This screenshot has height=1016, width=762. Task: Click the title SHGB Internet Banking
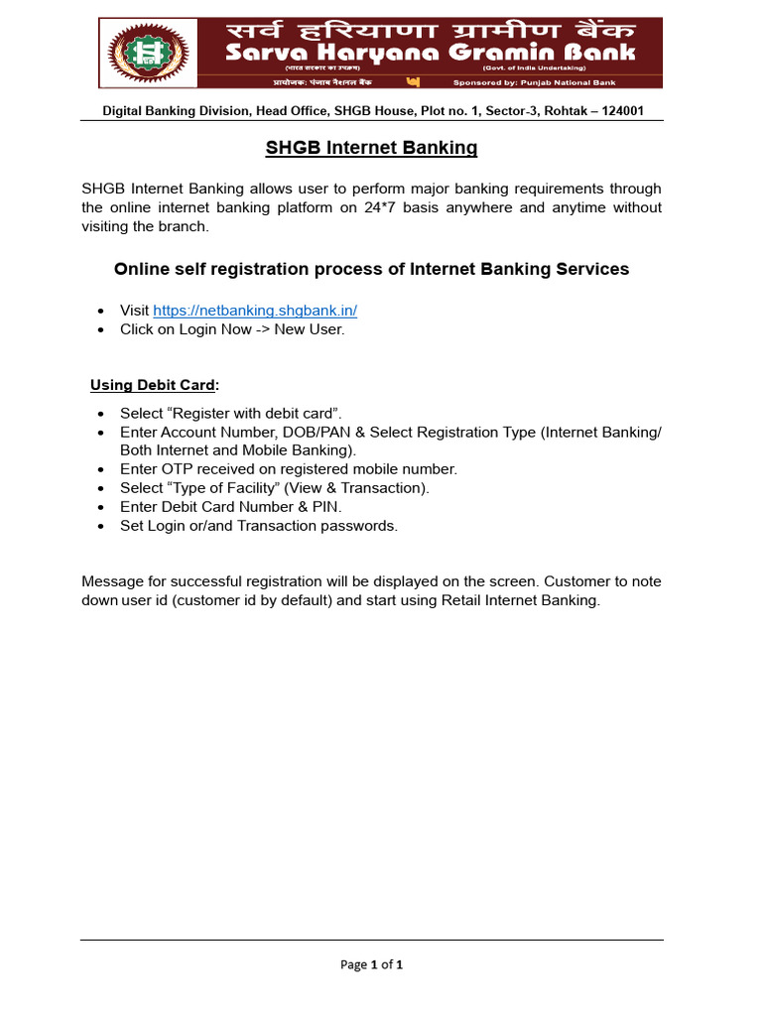[371, 148]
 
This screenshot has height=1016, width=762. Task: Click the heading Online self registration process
[371, 269]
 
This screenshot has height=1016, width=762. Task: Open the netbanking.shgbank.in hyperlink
[255, 311]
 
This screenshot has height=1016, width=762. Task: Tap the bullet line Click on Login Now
[232, 329]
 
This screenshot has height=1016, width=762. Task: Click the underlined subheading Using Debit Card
[154, 385]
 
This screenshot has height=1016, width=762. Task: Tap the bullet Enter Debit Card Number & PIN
[230, 507]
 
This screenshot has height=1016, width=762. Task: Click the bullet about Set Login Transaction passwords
[258, 526]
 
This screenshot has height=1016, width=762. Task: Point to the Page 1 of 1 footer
[371, 964]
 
